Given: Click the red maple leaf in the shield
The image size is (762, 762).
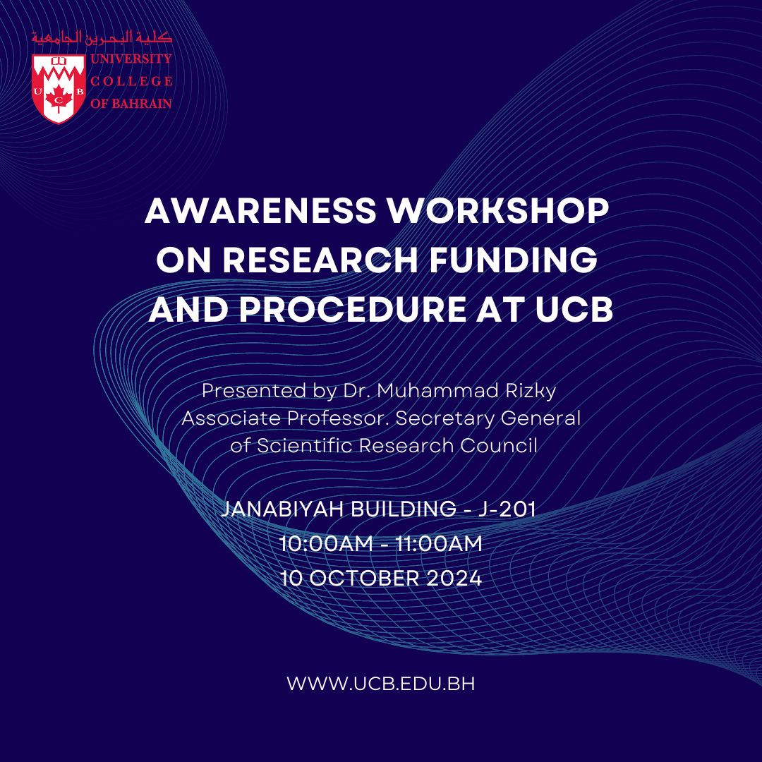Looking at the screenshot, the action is (x=59, y=97).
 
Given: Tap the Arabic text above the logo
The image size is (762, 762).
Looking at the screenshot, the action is (x=102, y=38).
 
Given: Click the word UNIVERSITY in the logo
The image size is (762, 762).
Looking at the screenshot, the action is (x=131, y=59).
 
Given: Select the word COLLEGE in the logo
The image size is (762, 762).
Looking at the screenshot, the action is (x=131, y=81).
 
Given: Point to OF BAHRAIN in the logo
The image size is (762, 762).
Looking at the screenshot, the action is (x=131, y=104).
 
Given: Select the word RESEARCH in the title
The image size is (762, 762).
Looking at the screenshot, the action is (x=320, y=260).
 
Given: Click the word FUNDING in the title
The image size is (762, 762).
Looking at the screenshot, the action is (x=513, y=260).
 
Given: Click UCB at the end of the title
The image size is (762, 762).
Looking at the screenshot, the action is (x=574, y=309).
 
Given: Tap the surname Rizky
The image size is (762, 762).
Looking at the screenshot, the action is (x=531, y=392).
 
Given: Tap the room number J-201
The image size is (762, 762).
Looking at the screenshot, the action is (x=507, y=509).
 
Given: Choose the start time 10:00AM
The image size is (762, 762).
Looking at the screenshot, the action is (x=326, y=544).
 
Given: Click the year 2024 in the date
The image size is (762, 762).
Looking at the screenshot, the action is (x=454, y=579).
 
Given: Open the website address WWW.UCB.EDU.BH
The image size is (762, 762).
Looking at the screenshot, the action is (x=381, y=684).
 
